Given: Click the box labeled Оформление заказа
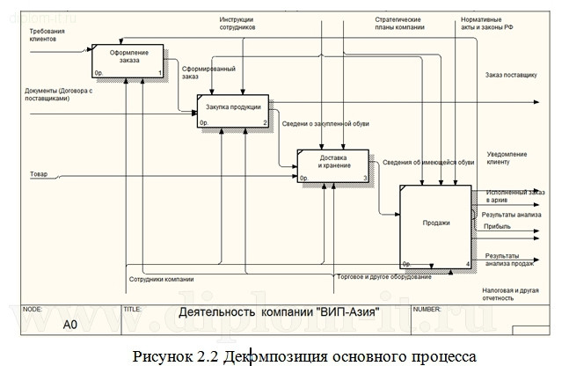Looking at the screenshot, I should [x=129, y=60].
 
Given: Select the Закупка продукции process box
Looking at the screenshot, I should [x=232, y=109].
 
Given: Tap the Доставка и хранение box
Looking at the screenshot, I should [x=335, y=164].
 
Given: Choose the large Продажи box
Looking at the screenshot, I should [x=437, y=225].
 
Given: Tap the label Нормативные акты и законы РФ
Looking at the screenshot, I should [x=485, y=24].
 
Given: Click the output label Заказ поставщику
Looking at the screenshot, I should [x=511, y=76].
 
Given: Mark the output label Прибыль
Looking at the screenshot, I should [x=497, y=227].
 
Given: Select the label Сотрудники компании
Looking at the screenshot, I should [x=162, y=280].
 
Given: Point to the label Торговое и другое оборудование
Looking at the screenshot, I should [x=383, y=277].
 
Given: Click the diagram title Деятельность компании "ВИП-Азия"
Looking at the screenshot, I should [x=279, y=311].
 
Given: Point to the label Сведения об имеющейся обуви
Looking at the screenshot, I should [x=428, y=162].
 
